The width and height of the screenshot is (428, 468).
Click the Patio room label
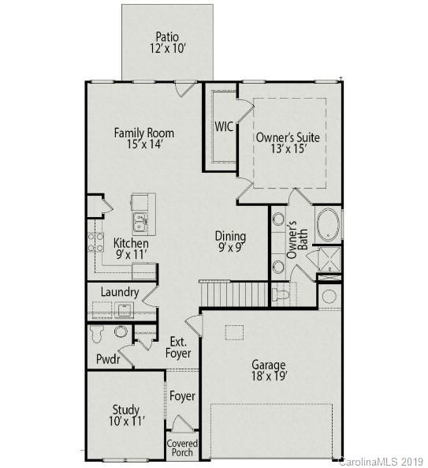(x=166, y=43)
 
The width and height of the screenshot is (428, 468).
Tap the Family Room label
(x=143, y=138)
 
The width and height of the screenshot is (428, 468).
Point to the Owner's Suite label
(x=288, y=143)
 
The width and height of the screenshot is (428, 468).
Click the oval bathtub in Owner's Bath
(x=328, y=225)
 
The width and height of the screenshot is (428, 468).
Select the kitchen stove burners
(x=96, y=241)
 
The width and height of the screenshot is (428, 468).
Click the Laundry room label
(x=120, y=292)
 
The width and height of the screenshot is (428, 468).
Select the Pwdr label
(x=108, y=359)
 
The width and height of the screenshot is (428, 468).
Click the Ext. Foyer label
(x=178, y=348)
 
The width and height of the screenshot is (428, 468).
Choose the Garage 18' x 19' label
(x=269, y=371)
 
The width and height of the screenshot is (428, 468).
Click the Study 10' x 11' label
(x=125, y=416)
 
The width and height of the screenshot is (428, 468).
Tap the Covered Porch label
(x=182, y=448)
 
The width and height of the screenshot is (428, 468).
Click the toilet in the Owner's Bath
(x=281, y=295)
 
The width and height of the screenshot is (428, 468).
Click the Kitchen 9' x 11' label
(x=131, y=249)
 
